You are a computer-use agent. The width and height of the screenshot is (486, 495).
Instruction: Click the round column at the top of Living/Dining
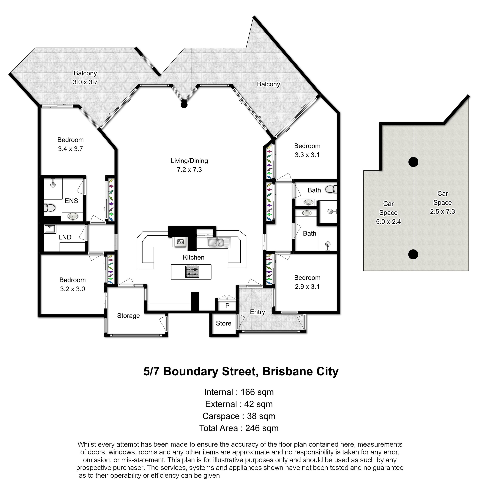pyautogui.click(x=184, y=104)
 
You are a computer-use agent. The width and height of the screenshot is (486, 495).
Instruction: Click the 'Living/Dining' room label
pyautogui.click(x=189, y=161)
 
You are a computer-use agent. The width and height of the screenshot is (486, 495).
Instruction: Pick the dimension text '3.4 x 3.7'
pyautogui.click(x=70, y=149)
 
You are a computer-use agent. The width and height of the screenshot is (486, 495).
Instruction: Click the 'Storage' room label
pyautogui.click(x=128, y=316)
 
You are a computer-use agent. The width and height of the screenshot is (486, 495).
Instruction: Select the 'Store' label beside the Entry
pyautogui.click(x=224, y=323)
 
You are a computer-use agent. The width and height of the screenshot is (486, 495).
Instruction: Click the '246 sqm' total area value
pyautogui.click(x=262, y=428)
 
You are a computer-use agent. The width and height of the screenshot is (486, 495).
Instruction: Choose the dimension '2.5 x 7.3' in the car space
pyautogui.click(x=443, y=211)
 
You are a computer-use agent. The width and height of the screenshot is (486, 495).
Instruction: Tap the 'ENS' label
pyautogui.click(x=71, y=201)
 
